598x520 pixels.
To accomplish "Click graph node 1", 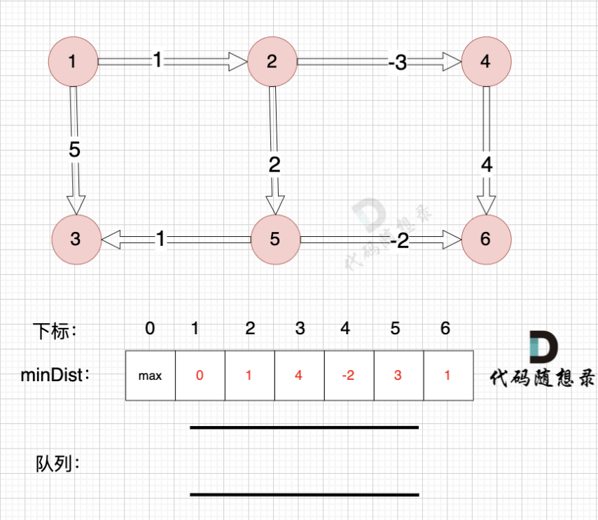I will point(73,62).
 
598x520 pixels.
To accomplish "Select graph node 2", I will point(272,62).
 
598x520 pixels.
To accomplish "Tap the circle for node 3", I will point(76,239).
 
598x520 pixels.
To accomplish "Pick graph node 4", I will point(486,62).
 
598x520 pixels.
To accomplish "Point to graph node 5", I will point(274,240).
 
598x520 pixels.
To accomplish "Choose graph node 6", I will point(486,239).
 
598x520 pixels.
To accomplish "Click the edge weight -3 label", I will point(397,63).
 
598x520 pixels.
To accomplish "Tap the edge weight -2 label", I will point(399,242).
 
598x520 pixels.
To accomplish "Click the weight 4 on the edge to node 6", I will point(487,165).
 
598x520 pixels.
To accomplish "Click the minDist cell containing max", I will point(150,376).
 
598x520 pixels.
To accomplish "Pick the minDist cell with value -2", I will point(348,376).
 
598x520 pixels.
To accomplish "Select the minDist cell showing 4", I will point(299,376).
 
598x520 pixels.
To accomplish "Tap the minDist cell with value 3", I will point(398,376).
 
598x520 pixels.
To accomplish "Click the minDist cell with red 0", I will point(200,376).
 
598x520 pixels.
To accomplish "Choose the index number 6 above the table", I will point(445,329).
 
